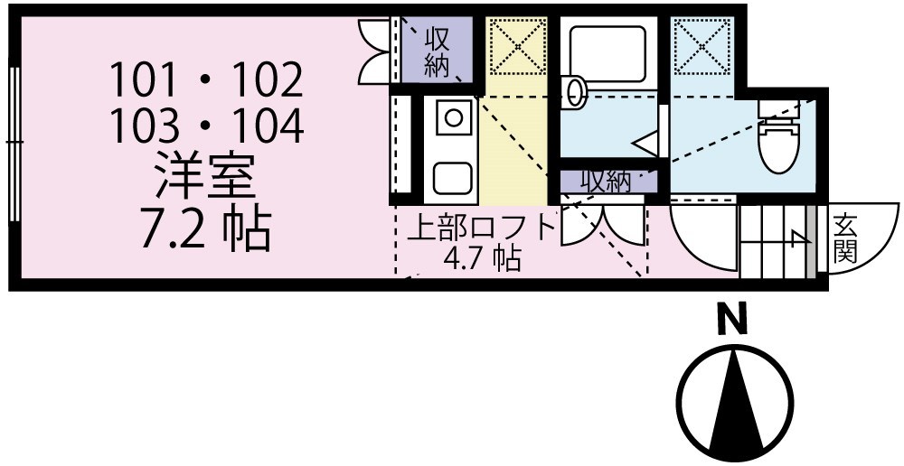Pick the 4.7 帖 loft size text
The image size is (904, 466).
(x=482, y=259)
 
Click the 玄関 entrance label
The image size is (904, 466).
(x=845, y=238)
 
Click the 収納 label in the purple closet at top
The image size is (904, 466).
(x=438, y=51)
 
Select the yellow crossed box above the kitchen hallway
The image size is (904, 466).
(x=518, y=45)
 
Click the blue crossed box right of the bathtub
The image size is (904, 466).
(x=702, y=45)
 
